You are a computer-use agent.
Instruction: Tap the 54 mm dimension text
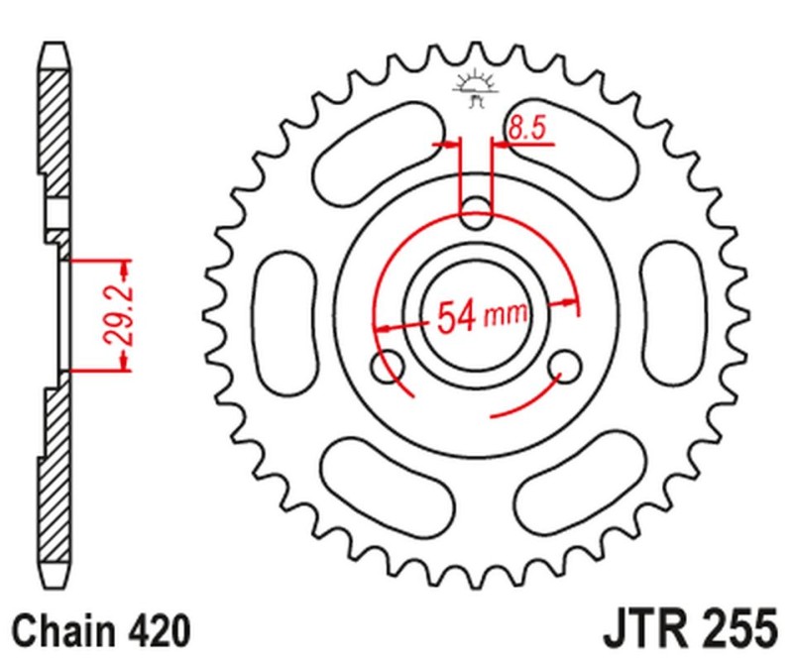pos(481,316)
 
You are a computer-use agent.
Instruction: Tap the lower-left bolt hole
pos(386,365)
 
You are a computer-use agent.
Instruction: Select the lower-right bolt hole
pos(569,366)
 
